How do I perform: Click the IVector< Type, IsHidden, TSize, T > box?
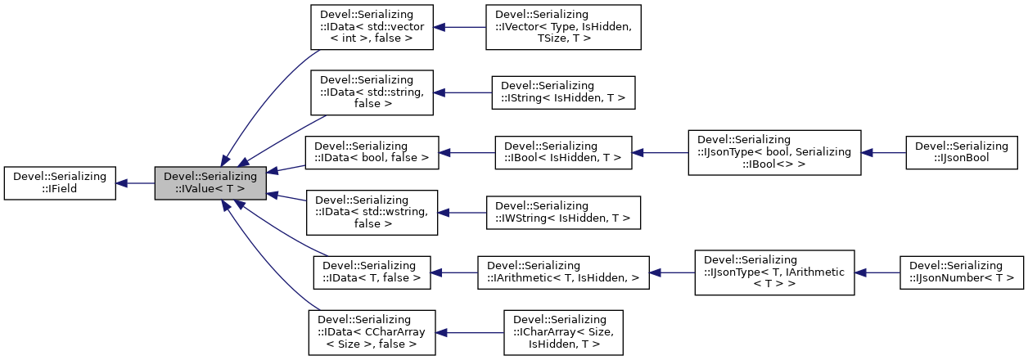pyautogui.click(x=563, y=27)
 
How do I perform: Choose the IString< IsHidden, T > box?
pyautogui.click(x=563, y=92)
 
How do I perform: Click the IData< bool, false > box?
pyautogui.click(x=372, y=152)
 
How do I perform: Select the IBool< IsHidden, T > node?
pyautogui.click(x=563, y=152)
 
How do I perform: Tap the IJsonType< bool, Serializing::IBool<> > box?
pyautogui.click(x=773, y=152)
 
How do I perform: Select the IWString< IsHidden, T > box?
pyautogui.click(x=563, y=212)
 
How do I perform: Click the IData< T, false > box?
pyautogui.click(x=372, y=272)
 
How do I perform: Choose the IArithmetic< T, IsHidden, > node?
pyautogui.click(x=563, y=272)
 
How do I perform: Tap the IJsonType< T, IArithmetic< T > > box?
pyautogui.click(x=773, y=272)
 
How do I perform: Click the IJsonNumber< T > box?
pyautogui.click(x=961, y=272)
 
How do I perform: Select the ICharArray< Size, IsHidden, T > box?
pyautogui.click(x=563, y=332)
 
